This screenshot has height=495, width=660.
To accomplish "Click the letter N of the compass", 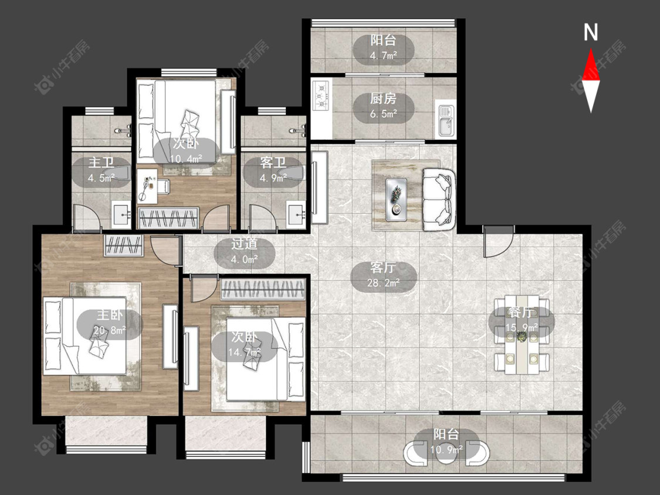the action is point(591,32).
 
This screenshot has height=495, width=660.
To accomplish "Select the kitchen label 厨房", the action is point(383,99).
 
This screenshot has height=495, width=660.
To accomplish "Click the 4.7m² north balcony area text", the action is point(384,55).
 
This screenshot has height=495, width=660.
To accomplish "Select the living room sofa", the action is point(438,199).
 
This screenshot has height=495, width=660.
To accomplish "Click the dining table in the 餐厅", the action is point(522,335).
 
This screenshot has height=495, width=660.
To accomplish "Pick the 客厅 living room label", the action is point(383,268).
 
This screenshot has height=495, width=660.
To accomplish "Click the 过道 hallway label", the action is point(244,244).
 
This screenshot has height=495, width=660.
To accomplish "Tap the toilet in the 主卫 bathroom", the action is point(117,172).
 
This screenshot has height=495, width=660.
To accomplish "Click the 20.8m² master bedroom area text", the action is point(110,331).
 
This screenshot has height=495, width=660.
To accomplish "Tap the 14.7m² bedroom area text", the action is point(244,352).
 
